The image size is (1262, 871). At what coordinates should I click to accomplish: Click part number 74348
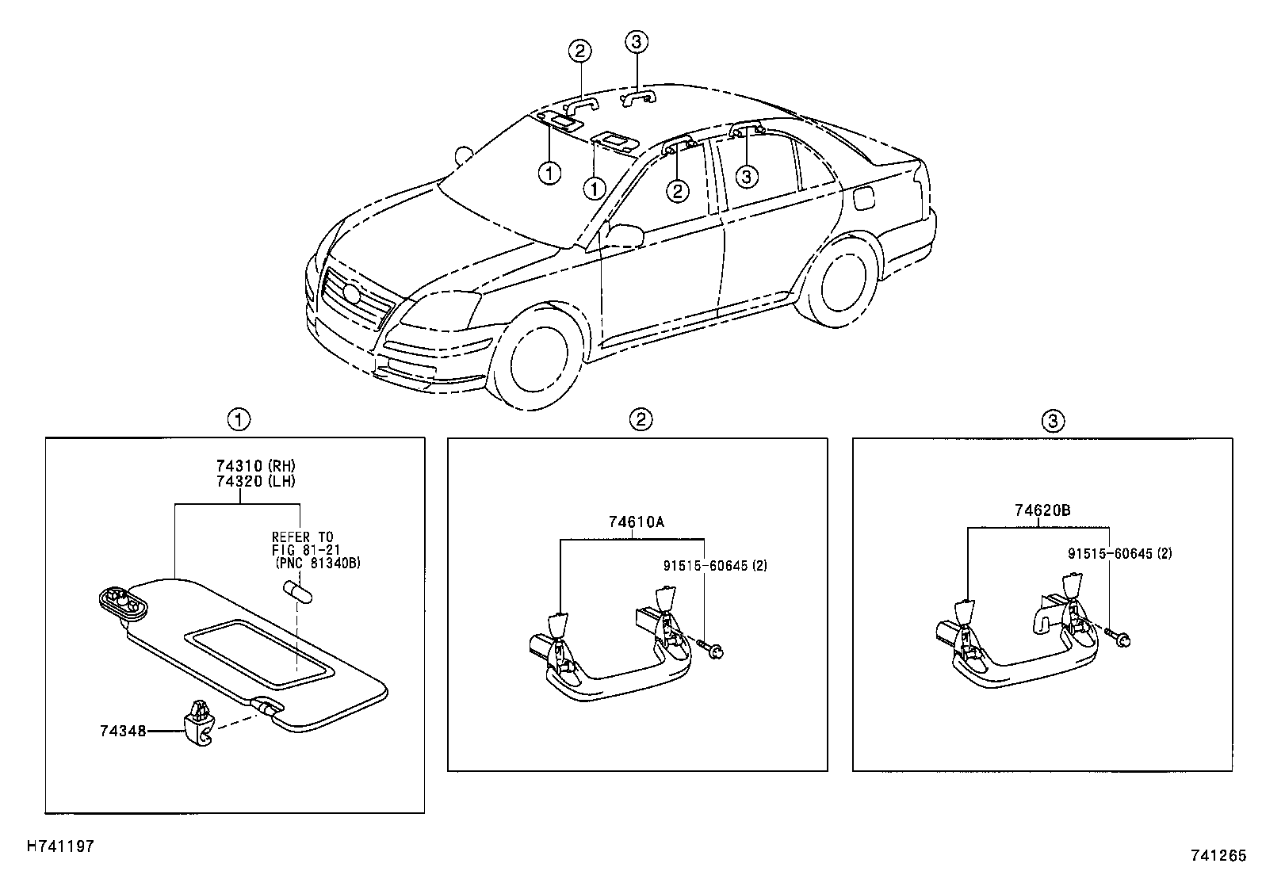pyautogui.click(x=123, y=731)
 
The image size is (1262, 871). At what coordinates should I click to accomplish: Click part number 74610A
pyautogui.click(x=637, y=522)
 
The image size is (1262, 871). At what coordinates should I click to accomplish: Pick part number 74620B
pyautogui.click(x=1042, y=511)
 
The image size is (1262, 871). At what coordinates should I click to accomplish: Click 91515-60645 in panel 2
pyautogui.click(x=705, y=566)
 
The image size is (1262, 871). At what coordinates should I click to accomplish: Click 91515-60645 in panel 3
pyautogui.click(x=1109, y=554)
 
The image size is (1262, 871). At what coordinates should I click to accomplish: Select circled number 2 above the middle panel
pyautogui.click(x=641, y=420)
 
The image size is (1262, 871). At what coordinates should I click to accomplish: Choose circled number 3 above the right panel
pyautogui.click(x=1052, y=421)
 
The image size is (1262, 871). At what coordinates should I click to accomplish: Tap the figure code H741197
pyautogui.click(x=61, y=846)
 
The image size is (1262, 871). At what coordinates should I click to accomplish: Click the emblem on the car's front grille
pyautogui.click(x=351, y=292)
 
